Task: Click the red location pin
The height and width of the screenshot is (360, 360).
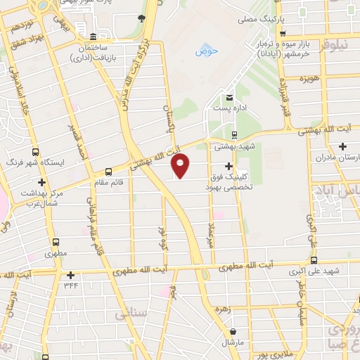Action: [x=181, y=165]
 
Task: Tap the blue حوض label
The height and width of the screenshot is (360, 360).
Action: [x=206, y=51]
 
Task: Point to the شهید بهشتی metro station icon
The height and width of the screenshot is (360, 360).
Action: [x=234, y=136]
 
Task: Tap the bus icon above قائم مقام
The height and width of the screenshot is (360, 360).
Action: [x=108, y=171]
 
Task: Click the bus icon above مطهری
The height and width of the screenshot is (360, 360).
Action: [x=53, y=239]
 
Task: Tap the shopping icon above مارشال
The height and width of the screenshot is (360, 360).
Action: [x=232, y=331]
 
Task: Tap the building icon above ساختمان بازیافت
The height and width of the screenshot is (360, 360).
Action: [x=94, y=37]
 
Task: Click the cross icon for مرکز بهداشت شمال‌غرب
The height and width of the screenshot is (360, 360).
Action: [x=42, y=183]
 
